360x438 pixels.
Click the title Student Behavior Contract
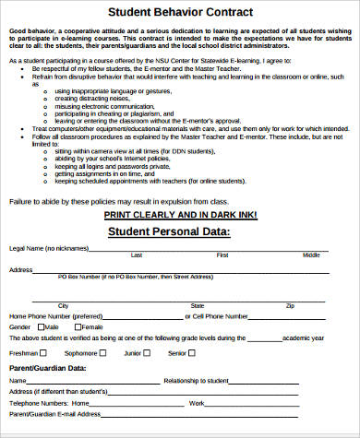pos(181,12)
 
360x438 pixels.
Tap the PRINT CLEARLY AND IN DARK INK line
pos(181,214)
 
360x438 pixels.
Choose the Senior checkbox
pos(191,353)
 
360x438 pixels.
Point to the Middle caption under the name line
pos(311,255)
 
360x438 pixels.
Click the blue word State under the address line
pos(197,304)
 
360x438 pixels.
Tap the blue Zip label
pos(290,304)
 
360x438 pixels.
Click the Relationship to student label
pos(196,380)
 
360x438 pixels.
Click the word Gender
pos(19,327)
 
